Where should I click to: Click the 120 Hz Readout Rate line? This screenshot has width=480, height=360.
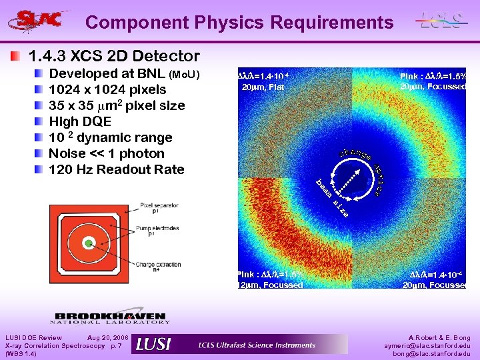pos(116,169)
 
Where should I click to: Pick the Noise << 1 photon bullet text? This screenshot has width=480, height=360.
pos(106,153)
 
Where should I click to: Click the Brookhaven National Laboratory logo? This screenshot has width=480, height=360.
pos(110,318)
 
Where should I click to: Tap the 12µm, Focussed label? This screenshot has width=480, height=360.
pos(270,285)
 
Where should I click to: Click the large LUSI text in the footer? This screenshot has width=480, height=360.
pos(153,344)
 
